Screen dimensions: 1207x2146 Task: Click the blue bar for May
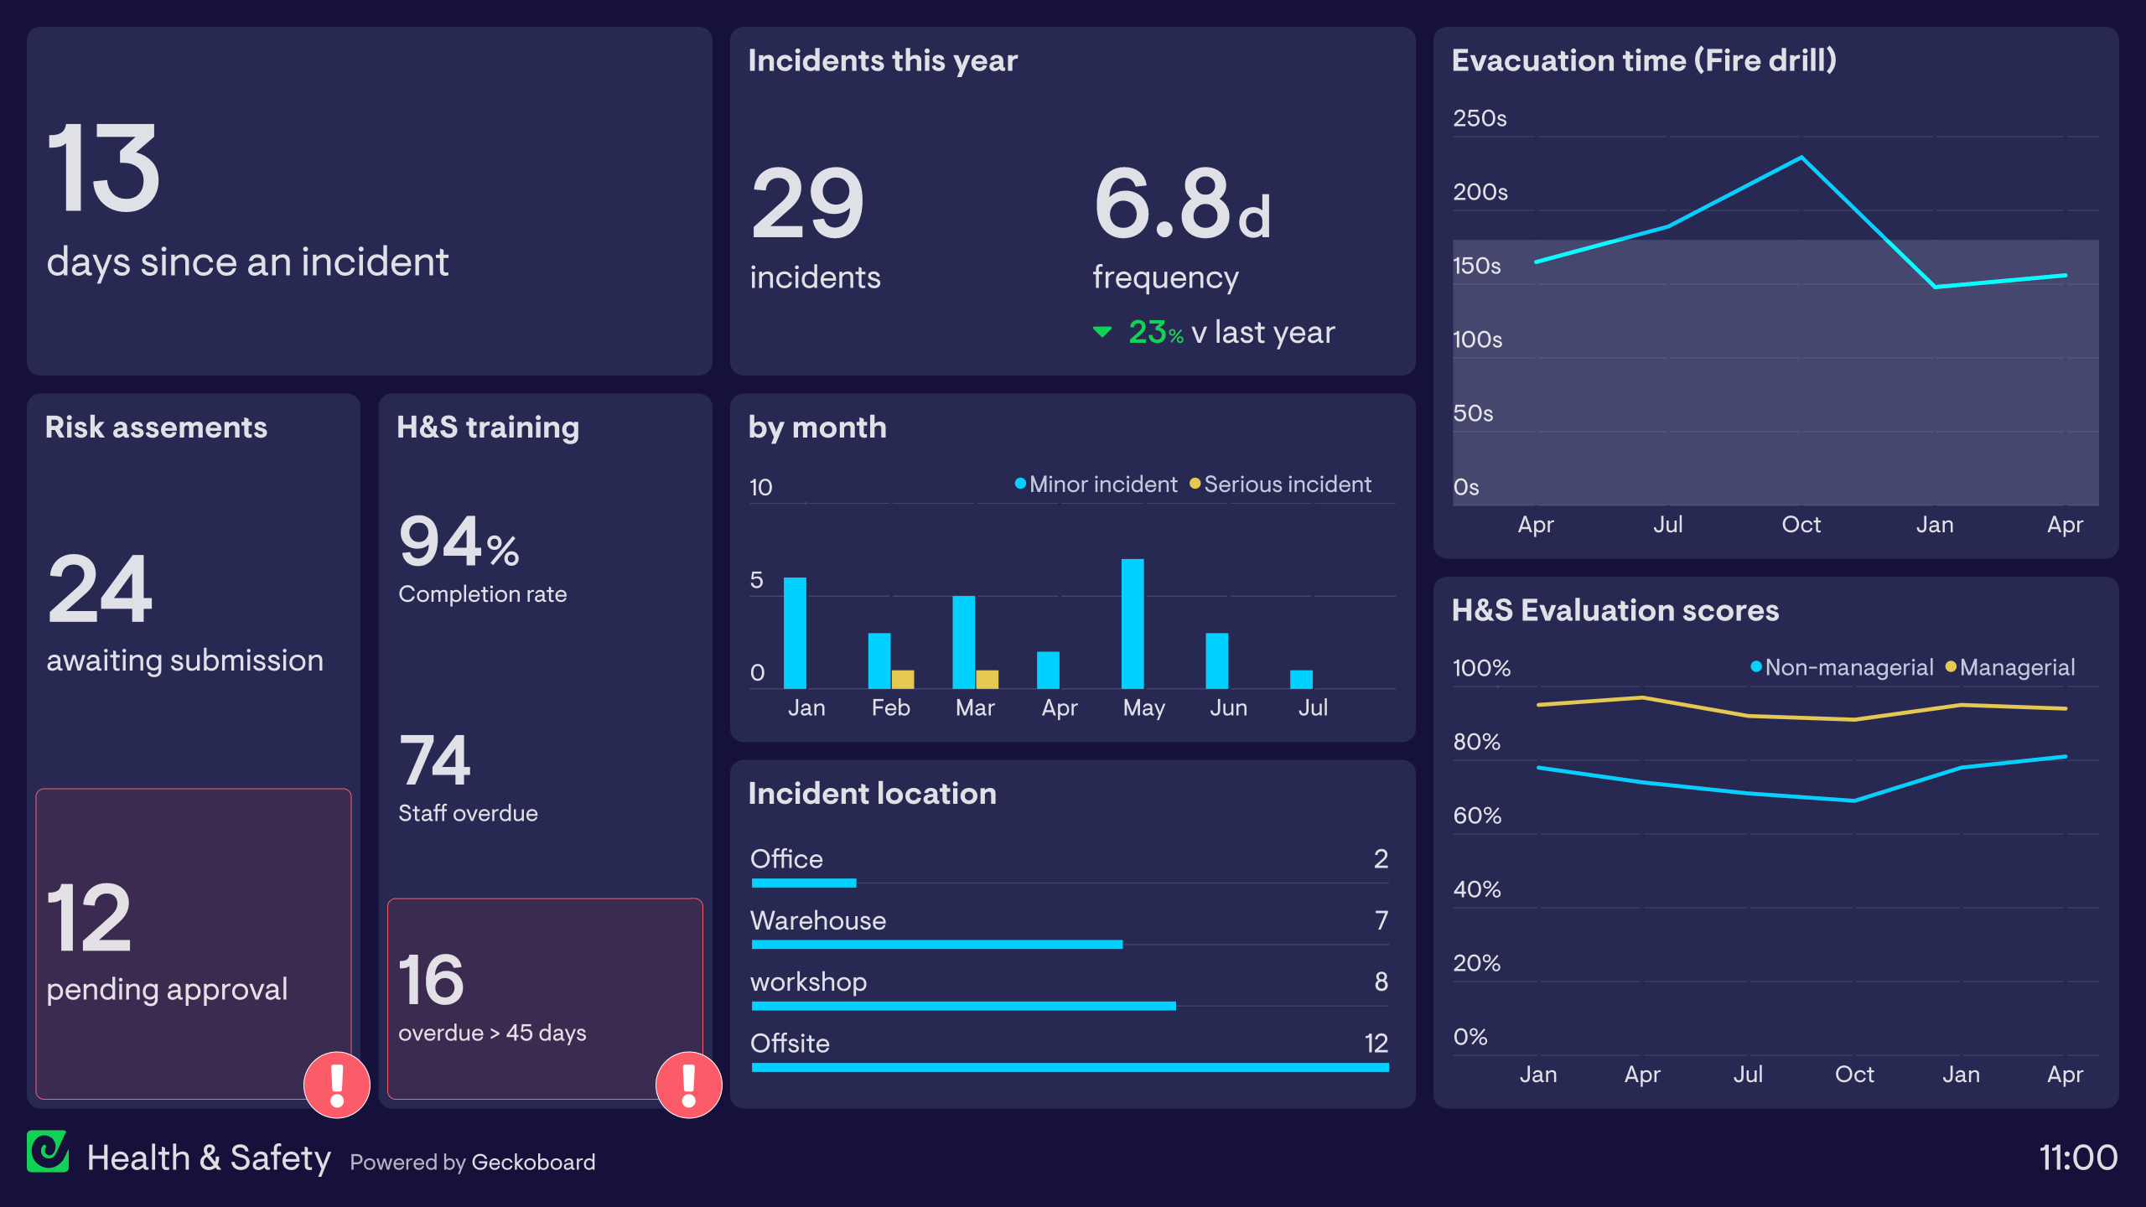tap(1133, 624)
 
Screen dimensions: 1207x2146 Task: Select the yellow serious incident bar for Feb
tap(903, 679)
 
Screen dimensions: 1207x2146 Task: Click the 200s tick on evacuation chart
tap(1480, 192)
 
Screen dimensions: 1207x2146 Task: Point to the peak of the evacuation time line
tap(1801, 158)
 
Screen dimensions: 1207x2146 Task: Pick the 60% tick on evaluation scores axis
tap(1477, 816)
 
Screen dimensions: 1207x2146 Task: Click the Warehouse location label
tap(817, 920)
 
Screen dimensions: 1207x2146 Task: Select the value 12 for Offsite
tap(1376, 1043)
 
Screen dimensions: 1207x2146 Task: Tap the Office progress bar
tap(804, 883)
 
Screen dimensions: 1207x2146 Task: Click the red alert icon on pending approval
tap(337, 1085)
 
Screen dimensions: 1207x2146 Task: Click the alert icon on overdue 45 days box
tap(688, 1085)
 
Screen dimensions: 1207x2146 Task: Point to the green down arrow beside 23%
tap(1102, 333)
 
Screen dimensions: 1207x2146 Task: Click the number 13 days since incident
tap(103, 168)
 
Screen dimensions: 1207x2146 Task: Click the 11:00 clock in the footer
tap(2077, 1158)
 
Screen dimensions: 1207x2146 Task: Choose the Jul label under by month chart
tap(1313, 707)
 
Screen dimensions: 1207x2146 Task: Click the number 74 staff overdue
tap(434, 759)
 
